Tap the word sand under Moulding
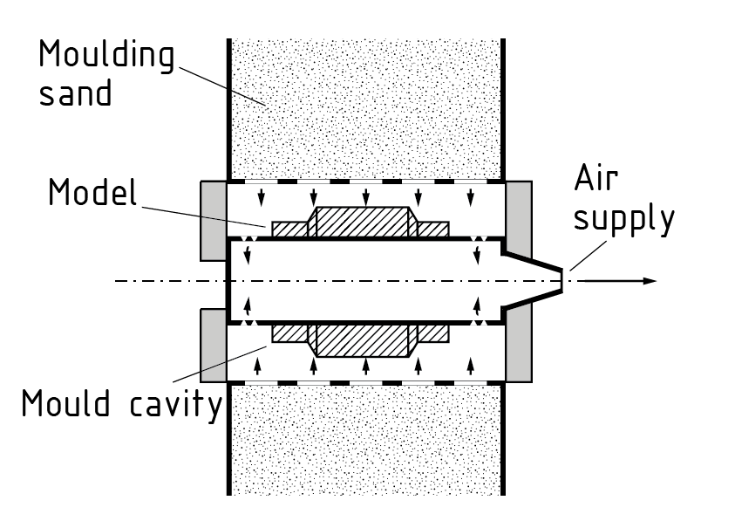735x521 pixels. pos(75,93)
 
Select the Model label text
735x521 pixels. pos(92,192)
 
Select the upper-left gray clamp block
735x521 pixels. pos(214,221)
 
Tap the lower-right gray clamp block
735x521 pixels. pos(518,347)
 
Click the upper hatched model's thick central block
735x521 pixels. pos(361,222)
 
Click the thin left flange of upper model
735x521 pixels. pos(290,229)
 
